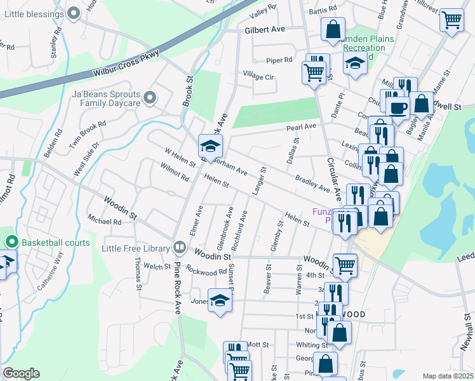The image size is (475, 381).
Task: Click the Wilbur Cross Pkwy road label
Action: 126,65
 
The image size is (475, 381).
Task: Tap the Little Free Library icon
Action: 180,246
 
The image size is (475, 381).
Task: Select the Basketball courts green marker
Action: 11,242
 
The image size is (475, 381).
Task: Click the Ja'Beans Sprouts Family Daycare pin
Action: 150,98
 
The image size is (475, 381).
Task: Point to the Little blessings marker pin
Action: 74,12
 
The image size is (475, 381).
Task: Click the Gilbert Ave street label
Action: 265,29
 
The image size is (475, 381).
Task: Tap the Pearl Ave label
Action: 301,127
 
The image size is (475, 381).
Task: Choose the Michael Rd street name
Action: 105,221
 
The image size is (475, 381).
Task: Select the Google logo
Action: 21,373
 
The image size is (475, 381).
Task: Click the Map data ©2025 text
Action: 448,376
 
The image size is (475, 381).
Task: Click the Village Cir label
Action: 258,77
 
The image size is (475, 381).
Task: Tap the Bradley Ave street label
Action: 312,184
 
